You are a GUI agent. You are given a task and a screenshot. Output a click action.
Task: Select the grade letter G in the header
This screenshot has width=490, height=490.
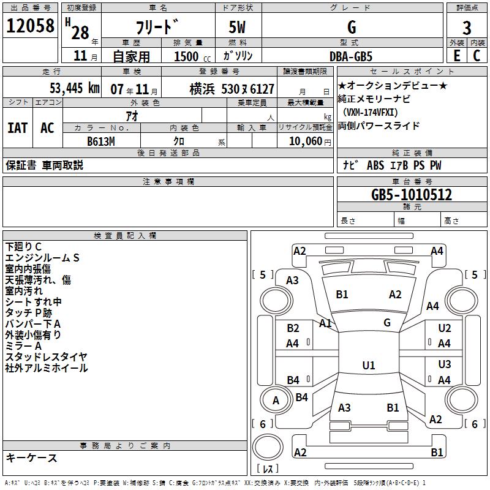(351, 27)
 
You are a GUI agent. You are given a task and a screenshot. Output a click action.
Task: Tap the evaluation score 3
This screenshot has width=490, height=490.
(467, 28)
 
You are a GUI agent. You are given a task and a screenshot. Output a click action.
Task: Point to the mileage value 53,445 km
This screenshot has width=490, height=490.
(74, 88)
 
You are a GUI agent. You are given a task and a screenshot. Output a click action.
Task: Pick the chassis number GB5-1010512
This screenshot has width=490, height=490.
(412, 195)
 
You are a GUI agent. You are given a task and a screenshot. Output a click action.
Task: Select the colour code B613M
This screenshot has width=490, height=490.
(101, 141)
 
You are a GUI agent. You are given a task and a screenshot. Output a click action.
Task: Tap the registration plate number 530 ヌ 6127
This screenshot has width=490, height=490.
(247, 88)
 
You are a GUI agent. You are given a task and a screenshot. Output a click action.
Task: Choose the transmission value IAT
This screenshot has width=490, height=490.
(18, 128)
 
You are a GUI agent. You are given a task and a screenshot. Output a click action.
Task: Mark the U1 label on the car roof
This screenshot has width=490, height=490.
(368, 366)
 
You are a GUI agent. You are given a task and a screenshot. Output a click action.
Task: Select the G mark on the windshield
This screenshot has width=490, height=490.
(387, 322)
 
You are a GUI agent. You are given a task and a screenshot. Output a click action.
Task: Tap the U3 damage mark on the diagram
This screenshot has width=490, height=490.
(445, 364)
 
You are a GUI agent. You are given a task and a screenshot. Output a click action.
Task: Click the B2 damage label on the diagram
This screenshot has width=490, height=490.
(293, 328)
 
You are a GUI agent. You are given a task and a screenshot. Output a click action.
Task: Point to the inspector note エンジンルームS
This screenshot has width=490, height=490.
(42, 258)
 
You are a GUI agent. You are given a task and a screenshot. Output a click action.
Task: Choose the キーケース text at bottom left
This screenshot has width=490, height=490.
(31, 458)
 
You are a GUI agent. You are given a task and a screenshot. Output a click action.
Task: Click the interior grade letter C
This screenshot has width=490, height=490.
(477, 56)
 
